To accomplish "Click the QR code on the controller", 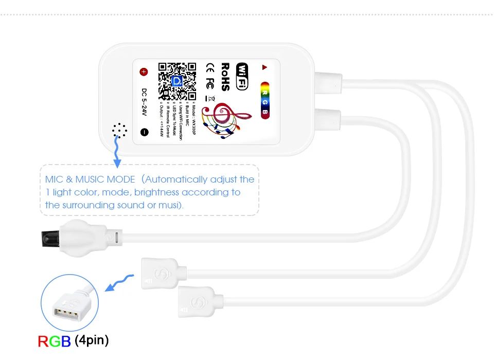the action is coord(178,81).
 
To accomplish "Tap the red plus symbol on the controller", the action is coord(144,72).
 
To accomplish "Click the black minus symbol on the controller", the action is coord(144,132).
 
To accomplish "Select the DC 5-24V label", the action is coord(145,102).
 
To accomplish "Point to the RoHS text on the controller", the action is coord(225,77).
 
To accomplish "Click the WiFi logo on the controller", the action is coord(242,76).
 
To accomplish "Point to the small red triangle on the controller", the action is coord(264,67).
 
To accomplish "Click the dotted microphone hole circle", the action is coord(119,131).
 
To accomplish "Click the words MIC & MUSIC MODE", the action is coord(90,179).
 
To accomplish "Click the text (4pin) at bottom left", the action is coord(92,340).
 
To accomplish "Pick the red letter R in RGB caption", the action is coord(44,341).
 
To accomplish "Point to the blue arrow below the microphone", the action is coord(117,154).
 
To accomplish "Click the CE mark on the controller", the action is coord(210,67).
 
